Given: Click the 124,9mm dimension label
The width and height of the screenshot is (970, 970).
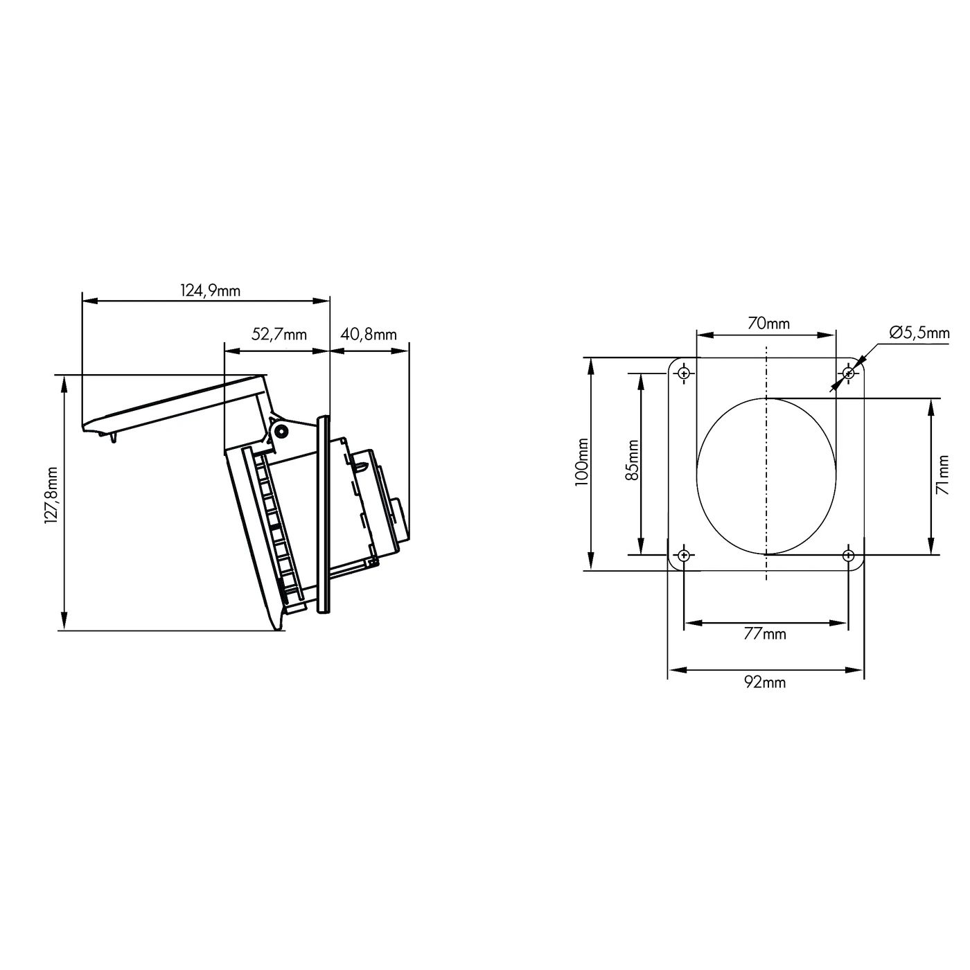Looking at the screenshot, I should pyautogui.click(x=211, y=290).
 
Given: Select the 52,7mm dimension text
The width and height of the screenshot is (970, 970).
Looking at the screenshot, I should pyautogui.click(x=279, y=335).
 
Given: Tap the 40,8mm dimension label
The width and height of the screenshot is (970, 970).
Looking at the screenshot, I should pyautogui.click(x=369, y=335).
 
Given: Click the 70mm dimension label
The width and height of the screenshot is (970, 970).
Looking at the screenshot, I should pyautogui.click(x=768, y=324).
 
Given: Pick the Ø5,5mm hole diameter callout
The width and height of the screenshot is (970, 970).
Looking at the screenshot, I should pyautogui.click(x=919, y=333).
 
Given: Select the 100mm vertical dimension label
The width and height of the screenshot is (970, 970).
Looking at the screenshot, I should pyautogui.click(x=581, y=463).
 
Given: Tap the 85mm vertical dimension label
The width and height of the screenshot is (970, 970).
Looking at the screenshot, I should pyautogui.click(x=632, y=461).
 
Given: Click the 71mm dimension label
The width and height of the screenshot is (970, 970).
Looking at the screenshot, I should pyautogui.click(x=942, y=475).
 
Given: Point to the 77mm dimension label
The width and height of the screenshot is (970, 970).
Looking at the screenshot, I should pyautogui.click(x=765, y=633).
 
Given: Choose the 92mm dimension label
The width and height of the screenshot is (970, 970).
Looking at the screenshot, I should pyautogui.click(x=765, y=682).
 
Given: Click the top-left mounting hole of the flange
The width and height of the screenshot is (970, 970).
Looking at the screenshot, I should pyautogui.click(x=684, y=374).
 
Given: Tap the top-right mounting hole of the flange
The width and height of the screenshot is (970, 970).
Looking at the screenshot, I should pyautogui.click(x=849, y=374).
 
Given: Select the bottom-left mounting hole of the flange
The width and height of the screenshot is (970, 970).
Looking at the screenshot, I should pyautogui.click(x=684, y=555).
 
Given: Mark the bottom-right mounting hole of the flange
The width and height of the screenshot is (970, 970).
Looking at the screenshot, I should pyautogui.click(x=849, y=555).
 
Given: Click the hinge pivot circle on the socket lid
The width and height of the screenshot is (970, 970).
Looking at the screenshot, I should pyautogui.click(x=281, y=431).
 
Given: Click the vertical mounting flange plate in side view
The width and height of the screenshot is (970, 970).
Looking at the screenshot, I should pyautogui.click(x=324, y=513).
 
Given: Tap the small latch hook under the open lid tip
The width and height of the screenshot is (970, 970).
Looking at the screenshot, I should pyautogui.click(x=112, y=436).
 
